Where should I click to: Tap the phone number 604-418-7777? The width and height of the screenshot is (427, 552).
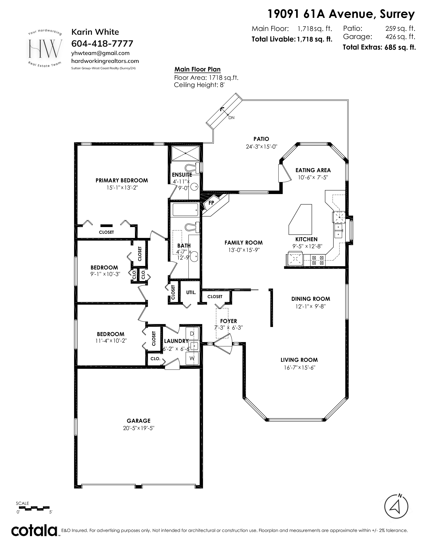[102, 43]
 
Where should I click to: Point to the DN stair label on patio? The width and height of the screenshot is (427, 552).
[231, 118]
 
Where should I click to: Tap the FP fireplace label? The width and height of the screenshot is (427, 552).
[211, 202]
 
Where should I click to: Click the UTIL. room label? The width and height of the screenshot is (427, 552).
[191, 292]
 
